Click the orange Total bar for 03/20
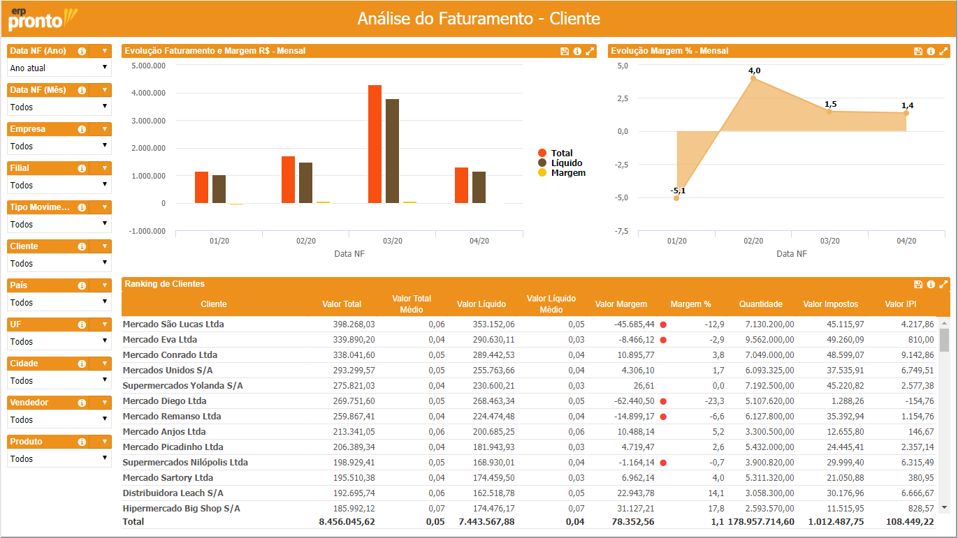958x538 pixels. pos(375,144)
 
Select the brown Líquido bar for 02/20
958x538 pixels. pos(305,183)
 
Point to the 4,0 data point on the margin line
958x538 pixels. pos(753,78)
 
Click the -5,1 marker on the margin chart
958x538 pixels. pos(676,198)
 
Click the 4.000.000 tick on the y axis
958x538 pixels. pos(148,93)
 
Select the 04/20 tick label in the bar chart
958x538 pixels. pos(479,241)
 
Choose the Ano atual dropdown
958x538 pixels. pos(59,68)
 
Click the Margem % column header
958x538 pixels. pos(690,304)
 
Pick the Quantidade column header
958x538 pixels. pos(760,304)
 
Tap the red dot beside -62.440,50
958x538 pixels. pos(663,401)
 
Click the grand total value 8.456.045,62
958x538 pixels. pos(347,521)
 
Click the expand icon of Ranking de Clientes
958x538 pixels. pos(943,285)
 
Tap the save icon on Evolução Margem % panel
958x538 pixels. pos(918,51)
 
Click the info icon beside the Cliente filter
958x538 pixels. pos(82,246)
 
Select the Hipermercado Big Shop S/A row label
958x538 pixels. pos(181,509)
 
